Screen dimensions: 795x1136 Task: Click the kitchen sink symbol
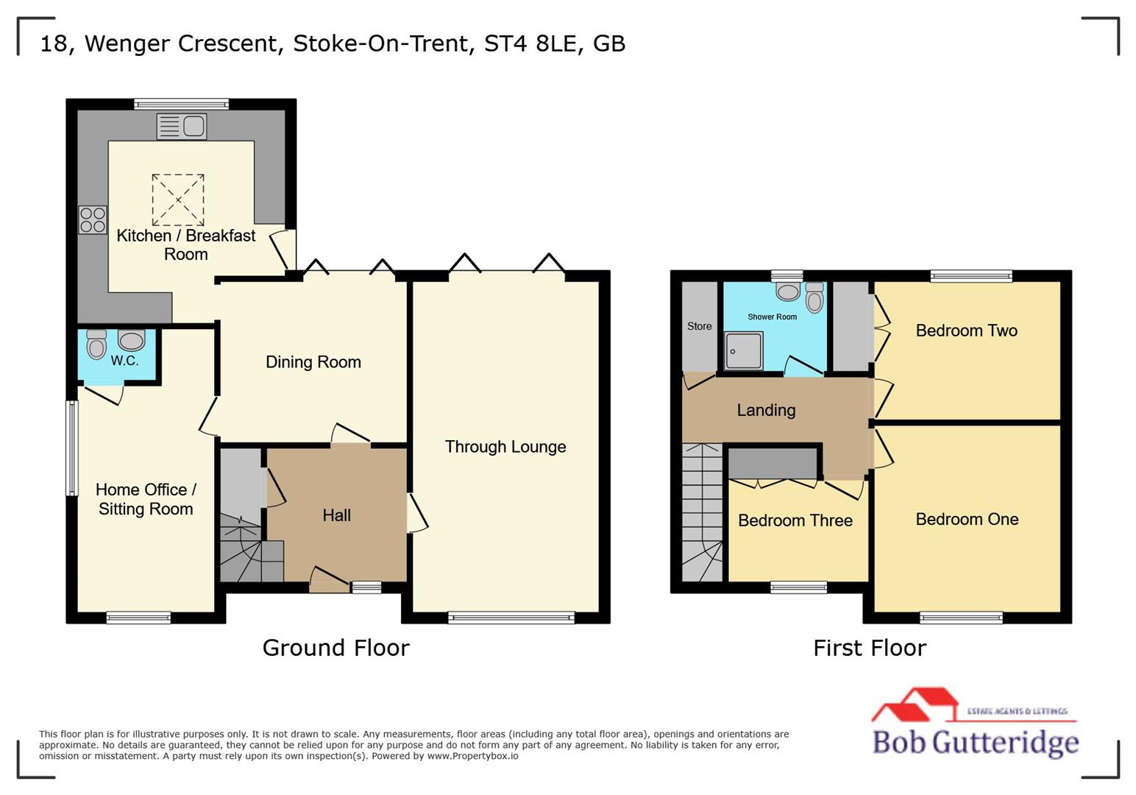pyautogui.click(x=182, y=127)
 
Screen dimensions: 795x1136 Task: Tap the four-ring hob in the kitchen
pyautogui.click(x=93, y=220)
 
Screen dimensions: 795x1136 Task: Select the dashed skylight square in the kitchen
pyautogui.click(x=178, y=199)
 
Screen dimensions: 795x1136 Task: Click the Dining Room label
pyautogui.click(x=313, y=362)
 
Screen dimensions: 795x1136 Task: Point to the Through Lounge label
pyautogui.click(x=505, y=447)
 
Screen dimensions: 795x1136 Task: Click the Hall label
pyautogui.click(x=336, y=515)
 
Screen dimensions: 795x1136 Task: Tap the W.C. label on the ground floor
pyautogui.click(x=124, y=361)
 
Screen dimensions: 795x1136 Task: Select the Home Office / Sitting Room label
pyautogui.click(x=146, y=499)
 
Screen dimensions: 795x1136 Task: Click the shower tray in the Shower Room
pyautogui.click(x=743, y=350)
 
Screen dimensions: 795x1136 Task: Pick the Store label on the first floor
pyautogui.click(x=699, y=326)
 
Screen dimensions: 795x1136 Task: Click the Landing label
pyautogui.click(x=766, y=410)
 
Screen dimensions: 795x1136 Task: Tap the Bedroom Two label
pyautogui.click(x=966, y=331)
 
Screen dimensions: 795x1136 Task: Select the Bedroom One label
pyautogui.click(x=967, y=519)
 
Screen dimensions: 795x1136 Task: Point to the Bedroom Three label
pyautogui.click(x=795, y=520)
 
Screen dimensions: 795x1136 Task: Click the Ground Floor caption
pyautogui.click(x=336, y=648)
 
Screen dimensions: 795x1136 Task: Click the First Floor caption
pyautogui.click(x=869, y=648)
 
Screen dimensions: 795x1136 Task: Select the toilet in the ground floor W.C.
pyautogui.click(x=96, y=344)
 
